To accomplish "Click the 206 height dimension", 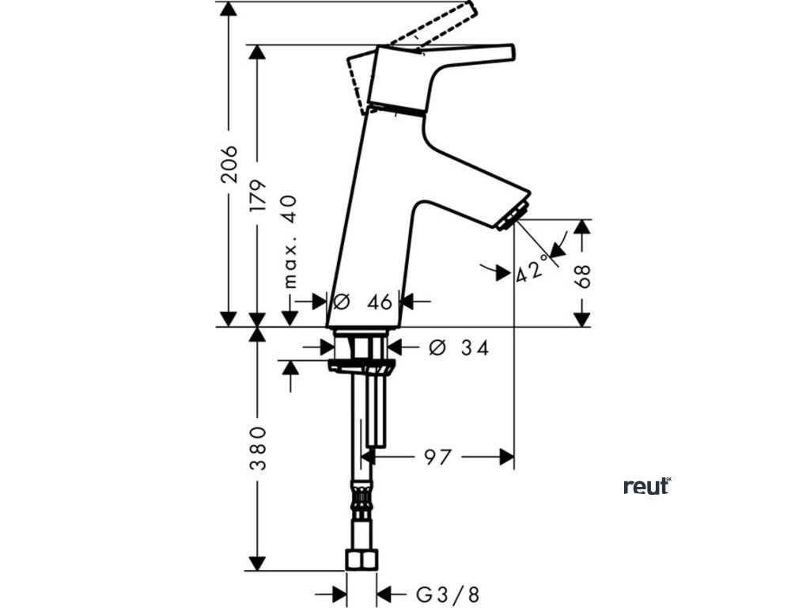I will [229, 164].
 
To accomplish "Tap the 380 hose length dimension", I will [257, 448].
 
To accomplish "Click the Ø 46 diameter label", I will [364, 302].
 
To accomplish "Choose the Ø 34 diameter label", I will [458, 348].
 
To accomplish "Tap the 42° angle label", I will [532, 272].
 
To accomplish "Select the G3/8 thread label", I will [448, 594].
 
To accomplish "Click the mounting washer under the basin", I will [361, 366].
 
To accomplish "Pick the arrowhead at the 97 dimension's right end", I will [506, 457].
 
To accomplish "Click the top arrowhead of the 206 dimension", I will [229, 8].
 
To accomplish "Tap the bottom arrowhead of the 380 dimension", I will [256, 563].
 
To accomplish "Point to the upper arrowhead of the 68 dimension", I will [582, 226].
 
